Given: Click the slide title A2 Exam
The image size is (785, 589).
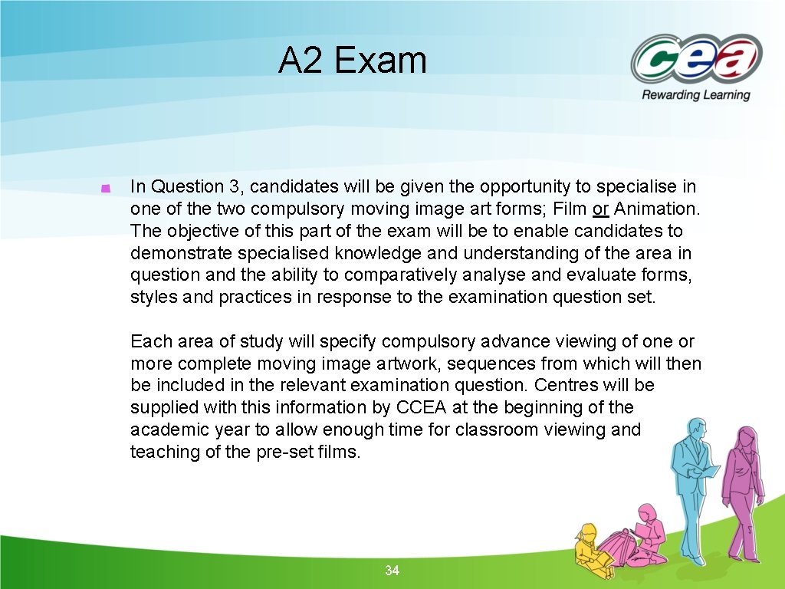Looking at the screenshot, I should (x=352, y=61).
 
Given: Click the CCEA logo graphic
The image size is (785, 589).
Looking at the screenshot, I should (x=695, y=58).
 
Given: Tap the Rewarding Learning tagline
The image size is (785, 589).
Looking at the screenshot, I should (x=695, y=95).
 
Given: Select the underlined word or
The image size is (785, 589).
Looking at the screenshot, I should (x=600, y=209).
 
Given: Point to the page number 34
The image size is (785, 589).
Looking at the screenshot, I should (x=392, y=571).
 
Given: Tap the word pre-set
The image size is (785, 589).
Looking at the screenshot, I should (x=280, y=452).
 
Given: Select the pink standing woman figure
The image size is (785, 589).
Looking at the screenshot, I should (x=743, y=491).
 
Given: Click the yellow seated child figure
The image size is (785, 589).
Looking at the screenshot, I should (x=592, y=546).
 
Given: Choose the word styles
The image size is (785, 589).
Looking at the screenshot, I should (x=153, y=298).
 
